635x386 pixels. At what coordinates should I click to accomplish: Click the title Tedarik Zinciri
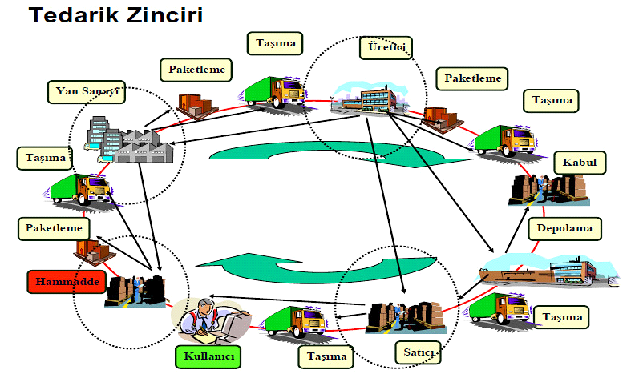pos(115,14)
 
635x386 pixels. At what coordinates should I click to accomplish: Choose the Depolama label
pos(564,228)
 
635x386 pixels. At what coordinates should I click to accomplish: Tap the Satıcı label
pos(416,350)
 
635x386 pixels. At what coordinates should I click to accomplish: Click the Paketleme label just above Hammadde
pos(54,228)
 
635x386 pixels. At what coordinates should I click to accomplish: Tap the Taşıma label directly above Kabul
pos(552,100)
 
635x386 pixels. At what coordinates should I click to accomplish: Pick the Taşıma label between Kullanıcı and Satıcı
pos(326,356)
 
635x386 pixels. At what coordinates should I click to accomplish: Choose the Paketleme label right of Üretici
pos(472,78)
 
